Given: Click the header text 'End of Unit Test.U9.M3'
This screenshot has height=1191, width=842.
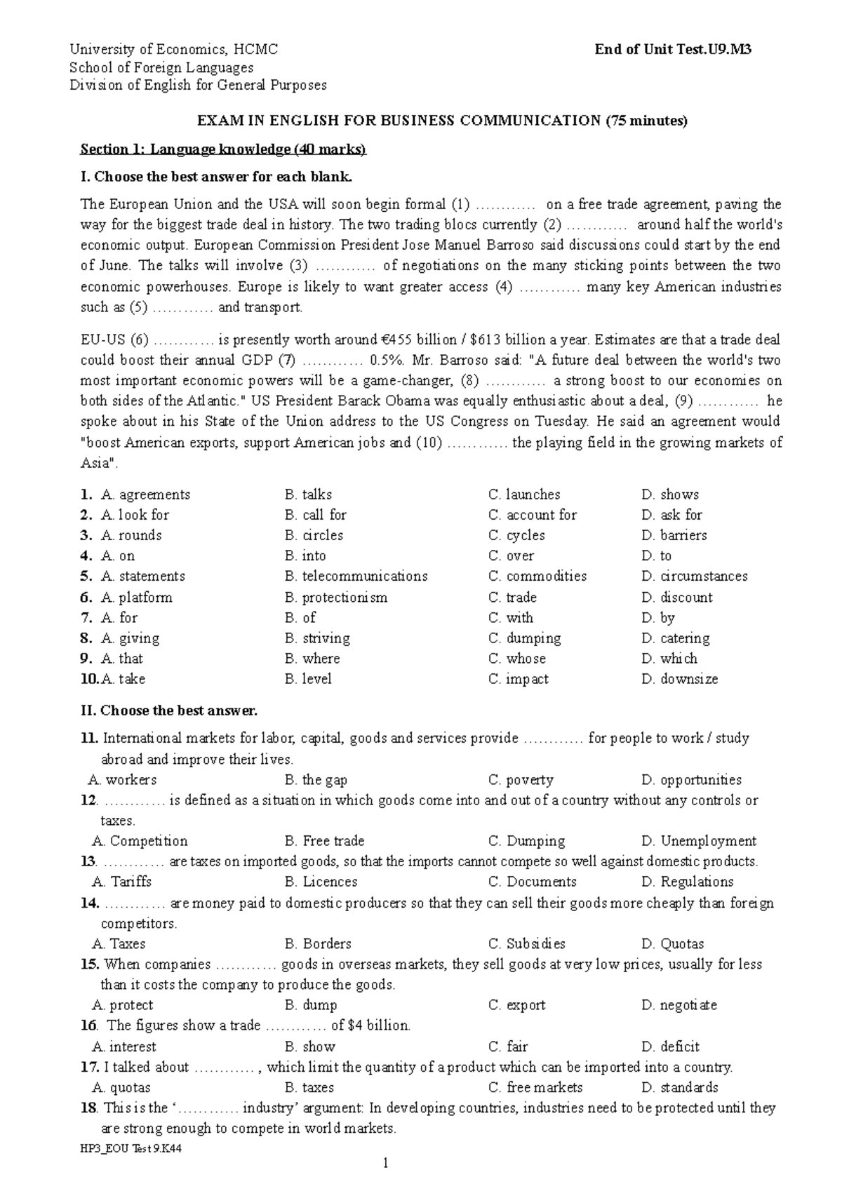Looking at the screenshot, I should coord(673,50).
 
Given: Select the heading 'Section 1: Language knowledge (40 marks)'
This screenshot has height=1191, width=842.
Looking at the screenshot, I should coord(223,149).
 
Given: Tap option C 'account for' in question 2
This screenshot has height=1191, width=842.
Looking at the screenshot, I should coord(533,515).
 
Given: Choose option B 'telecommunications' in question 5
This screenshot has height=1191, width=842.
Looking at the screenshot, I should coord(356,576).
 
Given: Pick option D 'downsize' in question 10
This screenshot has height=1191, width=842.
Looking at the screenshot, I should coord(680,679).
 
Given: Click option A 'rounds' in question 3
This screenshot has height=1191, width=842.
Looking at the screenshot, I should coord(131,535).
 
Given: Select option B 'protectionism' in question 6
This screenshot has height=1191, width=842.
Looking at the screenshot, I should coord(336,598).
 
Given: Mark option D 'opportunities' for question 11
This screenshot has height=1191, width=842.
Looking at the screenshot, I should coord(691,780).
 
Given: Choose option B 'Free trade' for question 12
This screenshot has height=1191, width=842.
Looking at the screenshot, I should coord(325,841).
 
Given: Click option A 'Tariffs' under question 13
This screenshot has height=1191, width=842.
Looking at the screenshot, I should coord(122,882).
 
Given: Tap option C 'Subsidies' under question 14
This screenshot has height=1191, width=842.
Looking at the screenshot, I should coord(527,944).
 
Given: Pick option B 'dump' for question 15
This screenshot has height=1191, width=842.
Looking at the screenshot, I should coord(311,1005).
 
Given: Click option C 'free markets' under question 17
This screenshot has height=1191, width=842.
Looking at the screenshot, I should coord(535,1088).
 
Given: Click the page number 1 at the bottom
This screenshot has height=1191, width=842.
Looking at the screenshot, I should coord(385,1164).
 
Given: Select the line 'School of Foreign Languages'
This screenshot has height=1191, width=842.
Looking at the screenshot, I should coord(161,68).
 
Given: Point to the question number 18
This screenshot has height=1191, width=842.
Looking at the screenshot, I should coord(88,1108).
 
